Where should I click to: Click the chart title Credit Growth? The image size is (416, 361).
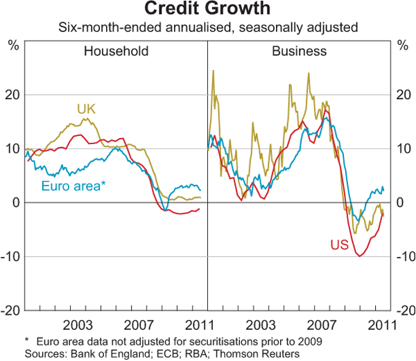coord(208,10)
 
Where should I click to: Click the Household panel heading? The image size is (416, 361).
coord(116,51)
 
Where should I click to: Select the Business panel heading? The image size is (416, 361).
coord(299,51)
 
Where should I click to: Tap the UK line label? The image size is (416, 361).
coord(86,108)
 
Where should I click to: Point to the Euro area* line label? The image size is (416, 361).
coord(73,186)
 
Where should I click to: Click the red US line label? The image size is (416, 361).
coord(338,245)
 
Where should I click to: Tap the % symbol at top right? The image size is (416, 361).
coord(402,46)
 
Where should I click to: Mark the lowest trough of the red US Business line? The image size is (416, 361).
coord(360,256)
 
